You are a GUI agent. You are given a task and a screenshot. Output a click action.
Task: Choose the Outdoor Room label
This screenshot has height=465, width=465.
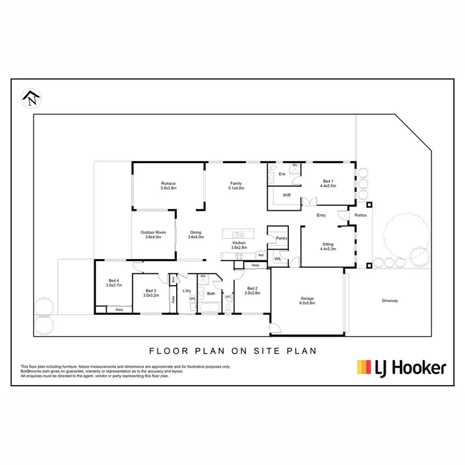153,234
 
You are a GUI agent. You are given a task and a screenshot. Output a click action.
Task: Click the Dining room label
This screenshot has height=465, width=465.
196,234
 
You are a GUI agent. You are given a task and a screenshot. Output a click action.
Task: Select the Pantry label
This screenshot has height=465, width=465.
281,238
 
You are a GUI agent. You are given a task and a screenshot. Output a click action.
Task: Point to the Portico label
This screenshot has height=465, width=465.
360,215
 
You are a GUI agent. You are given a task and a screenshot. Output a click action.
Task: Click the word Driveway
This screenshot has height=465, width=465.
390,301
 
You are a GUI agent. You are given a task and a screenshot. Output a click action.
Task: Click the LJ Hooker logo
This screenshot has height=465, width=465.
401,368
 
